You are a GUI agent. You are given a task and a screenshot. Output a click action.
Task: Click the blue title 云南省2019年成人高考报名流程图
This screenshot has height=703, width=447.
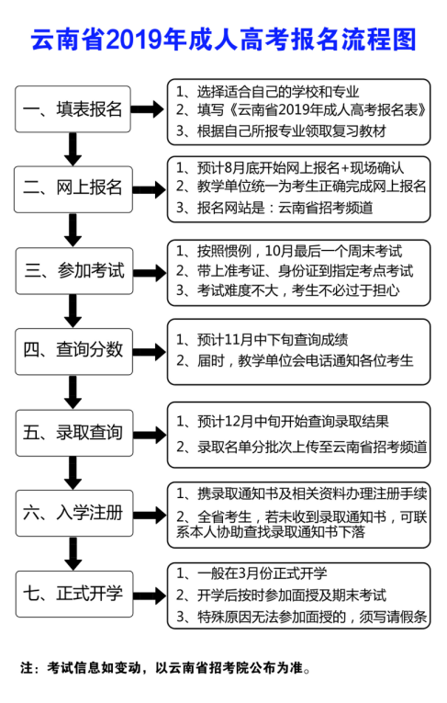coord(224,40)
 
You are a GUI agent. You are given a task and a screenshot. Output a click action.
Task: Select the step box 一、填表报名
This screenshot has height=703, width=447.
coord(73,109)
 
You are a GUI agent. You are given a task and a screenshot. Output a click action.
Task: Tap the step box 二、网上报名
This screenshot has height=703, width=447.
coord(73,188)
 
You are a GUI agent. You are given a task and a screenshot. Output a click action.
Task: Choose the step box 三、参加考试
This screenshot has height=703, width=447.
coord(74,271)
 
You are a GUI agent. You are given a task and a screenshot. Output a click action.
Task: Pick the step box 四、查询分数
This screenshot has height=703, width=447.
coord(74,351)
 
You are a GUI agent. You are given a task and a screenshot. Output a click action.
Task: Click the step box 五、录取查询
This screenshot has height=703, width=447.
coord(74,433)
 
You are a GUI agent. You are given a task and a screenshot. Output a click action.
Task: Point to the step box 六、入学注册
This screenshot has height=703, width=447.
coord(74,513)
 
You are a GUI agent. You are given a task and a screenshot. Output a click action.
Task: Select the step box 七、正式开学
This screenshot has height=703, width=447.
coord(74,594)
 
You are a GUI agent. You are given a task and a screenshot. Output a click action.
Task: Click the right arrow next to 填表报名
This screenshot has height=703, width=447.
coord(149,109)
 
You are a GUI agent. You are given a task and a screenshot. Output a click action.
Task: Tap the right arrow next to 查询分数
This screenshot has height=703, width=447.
coord(150,352)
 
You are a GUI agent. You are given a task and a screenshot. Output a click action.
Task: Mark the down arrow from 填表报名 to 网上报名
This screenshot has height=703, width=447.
coord(73,149)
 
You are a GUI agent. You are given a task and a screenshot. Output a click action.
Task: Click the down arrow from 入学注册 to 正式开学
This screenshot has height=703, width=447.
coord(73,554)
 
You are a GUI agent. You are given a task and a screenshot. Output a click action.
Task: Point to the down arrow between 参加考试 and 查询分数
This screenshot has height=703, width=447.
coord(73,312)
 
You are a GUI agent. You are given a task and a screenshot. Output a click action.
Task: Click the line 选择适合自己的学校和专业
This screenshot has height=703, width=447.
coord(267,92)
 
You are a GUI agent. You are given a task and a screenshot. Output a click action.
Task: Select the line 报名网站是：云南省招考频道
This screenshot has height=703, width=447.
coord(274,208)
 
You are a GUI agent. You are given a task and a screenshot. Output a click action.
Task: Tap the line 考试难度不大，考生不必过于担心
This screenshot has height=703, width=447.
coord(287,290)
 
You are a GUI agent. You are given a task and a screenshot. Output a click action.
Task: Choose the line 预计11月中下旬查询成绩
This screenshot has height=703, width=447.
coord(262,340)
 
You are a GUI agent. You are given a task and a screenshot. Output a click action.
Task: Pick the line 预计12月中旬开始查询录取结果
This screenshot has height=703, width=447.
coord(282,422)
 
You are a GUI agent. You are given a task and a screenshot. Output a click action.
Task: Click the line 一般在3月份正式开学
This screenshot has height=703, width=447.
coord(251,573)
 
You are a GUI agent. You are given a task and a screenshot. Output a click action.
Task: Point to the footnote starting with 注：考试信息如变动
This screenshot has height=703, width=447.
coord(165,668)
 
